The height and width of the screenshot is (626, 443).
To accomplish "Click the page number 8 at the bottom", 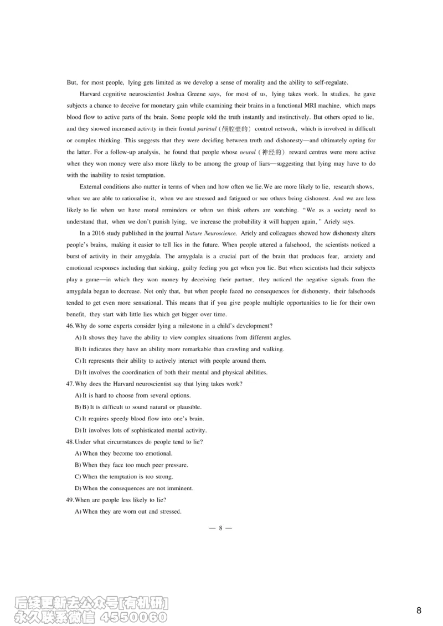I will point(220,528).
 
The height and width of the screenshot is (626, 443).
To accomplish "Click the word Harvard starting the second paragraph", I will point(92,95).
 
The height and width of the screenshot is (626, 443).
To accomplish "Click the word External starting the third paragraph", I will point(92,186).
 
